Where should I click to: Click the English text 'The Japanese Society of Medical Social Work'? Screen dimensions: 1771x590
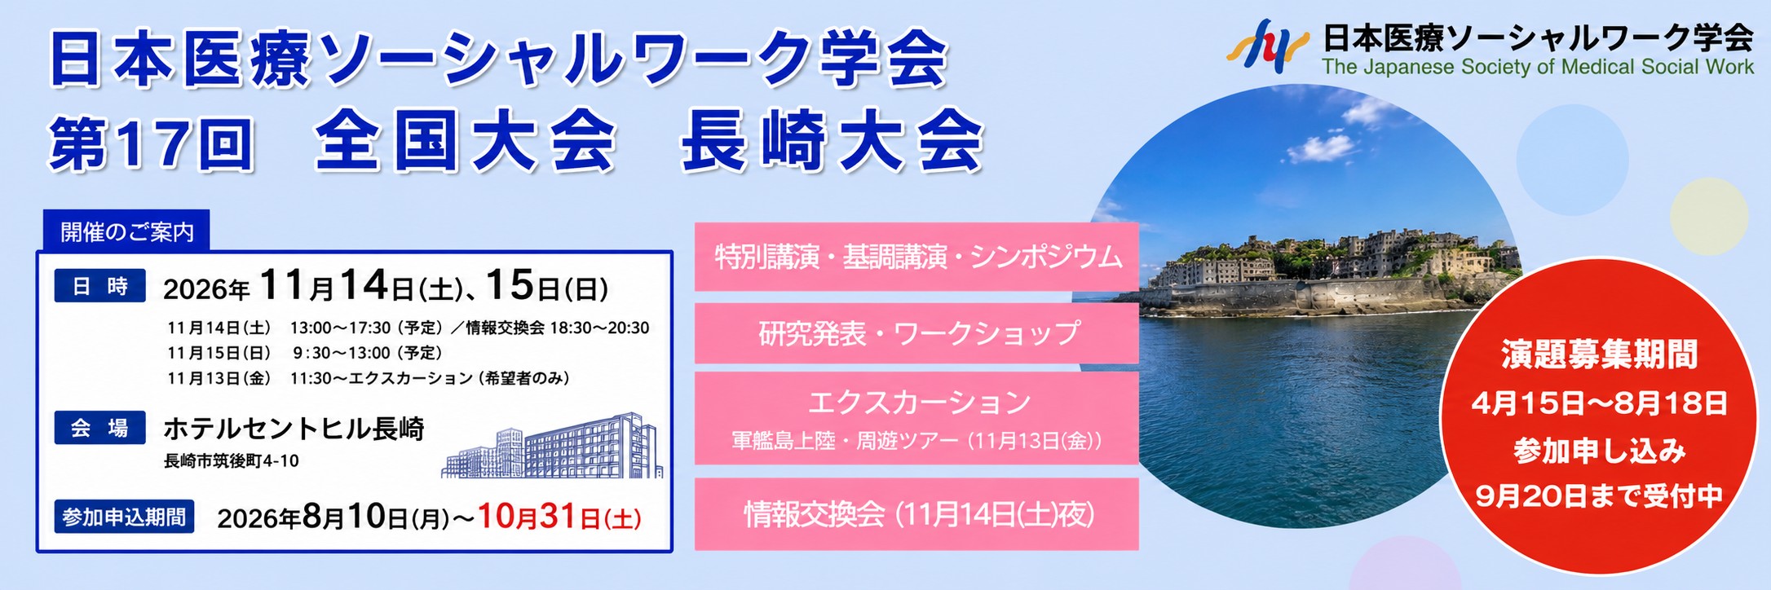[x=1538, y=67]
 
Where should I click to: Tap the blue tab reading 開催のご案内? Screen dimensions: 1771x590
[x=126, y=231]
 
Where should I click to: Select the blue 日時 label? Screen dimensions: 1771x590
[x=100, y=286]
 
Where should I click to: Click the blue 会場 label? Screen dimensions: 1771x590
[x=100, y=428]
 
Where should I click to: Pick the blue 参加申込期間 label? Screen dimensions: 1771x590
[x=124, y=517]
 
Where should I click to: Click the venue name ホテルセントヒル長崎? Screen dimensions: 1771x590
[x=294, y=429]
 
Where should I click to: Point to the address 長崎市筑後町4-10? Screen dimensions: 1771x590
[x=231, y=461]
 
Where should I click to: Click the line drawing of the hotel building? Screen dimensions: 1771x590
[x=553, y=446]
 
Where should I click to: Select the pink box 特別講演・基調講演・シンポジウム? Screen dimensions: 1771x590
[x=916, y=257]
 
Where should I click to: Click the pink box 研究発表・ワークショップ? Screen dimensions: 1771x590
[x=916, y=333]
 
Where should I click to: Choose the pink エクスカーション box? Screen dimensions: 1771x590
[x=916, y=418]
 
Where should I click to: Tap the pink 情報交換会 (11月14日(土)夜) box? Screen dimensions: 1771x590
[x=916, y=514]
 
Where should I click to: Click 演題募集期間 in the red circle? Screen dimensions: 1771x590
[x=1599, y=354]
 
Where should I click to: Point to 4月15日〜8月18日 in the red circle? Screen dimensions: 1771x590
[x=1599, y=403]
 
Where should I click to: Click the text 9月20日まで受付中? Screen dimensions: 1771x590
[x=1599, y=495]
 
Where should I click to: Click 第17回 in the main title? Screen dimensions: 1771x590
[x=152, y=143]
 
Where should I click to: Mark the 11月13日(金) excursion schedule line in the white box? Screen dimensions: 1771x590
[x=368, y=378]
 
